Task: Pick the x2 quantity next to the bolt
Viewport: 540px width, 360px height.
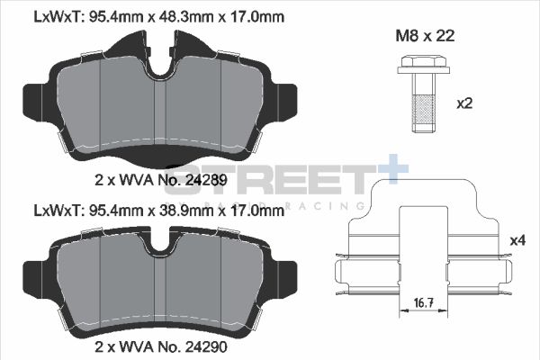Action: click(x=464, y=103)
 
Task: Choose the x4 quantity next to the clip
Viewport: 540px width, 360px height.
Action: click(x=517, y=240)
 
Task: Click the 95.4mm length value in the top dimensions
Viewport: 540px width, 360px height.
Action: click(x=114, y=16)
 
